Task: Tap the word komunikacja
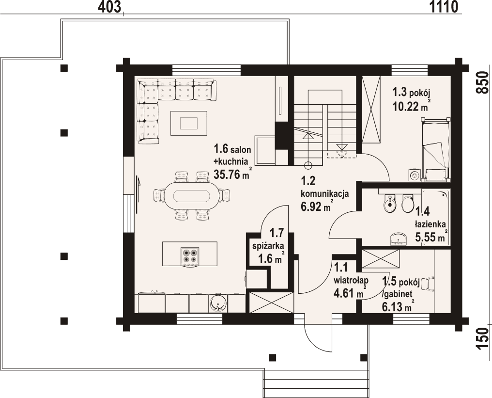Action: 324,194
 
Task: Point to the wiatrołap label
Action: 352,280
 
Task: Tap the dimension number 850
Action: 481,84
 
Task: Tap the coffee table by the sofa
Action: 189,123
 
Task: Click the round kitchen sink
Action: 218,303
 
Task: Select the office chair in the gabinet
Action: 429,285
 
